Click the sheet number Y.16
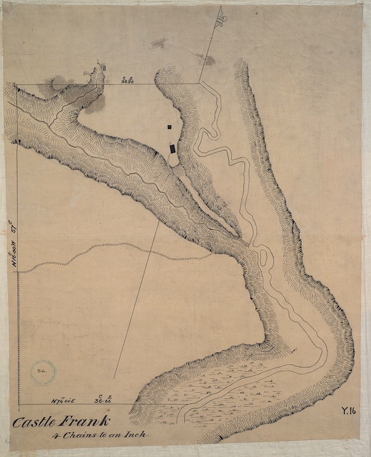point(349,411)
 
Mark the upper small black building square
point(169,127)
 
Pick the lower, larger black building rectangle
point(172,149)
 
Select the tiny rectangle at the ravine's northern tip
point(105,66)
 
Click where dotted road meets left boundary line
point(17,272)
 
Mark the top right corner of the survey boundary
point(199,84)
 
